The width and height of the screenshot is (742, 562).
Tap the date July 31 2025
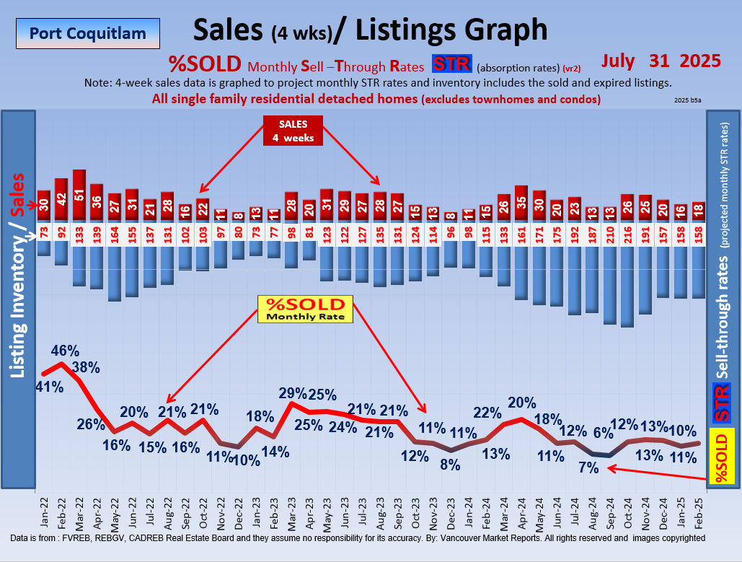661,61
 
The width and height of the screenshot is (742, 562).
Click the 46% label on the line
65,351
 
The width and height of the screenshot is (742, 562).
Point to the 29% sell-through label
293,394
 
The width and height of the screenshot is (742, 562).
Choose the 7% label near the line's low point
588,467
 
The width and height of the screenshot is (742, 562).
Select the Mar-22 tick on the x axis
79,513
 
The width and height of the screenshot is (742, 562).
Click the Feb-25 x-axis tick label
699,513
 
